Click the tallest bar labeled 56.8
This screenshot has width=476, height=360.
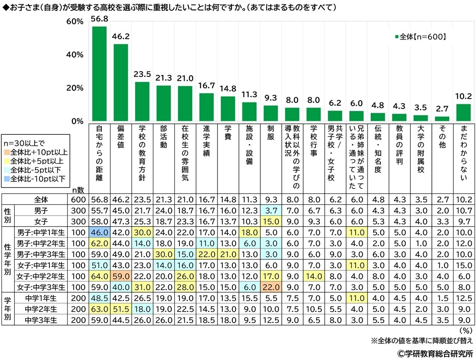pyautogui.click(x=99, y=74)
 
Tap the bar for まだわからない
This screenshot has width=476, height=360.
pyautogui.click(x=463, y=112)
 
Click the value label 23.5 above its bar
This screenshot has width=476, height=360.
pyautogui.click(x=142, y=75)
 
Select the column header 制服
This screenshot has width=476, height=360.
pyautogui.click(x=270, y=135)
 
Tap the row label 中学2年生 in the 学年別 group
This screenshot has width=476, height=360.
pyautogui.click(x=44, y=310)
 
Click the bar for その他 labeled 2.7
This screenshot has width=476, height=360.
pyautogui.click(x=442, y=119)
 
